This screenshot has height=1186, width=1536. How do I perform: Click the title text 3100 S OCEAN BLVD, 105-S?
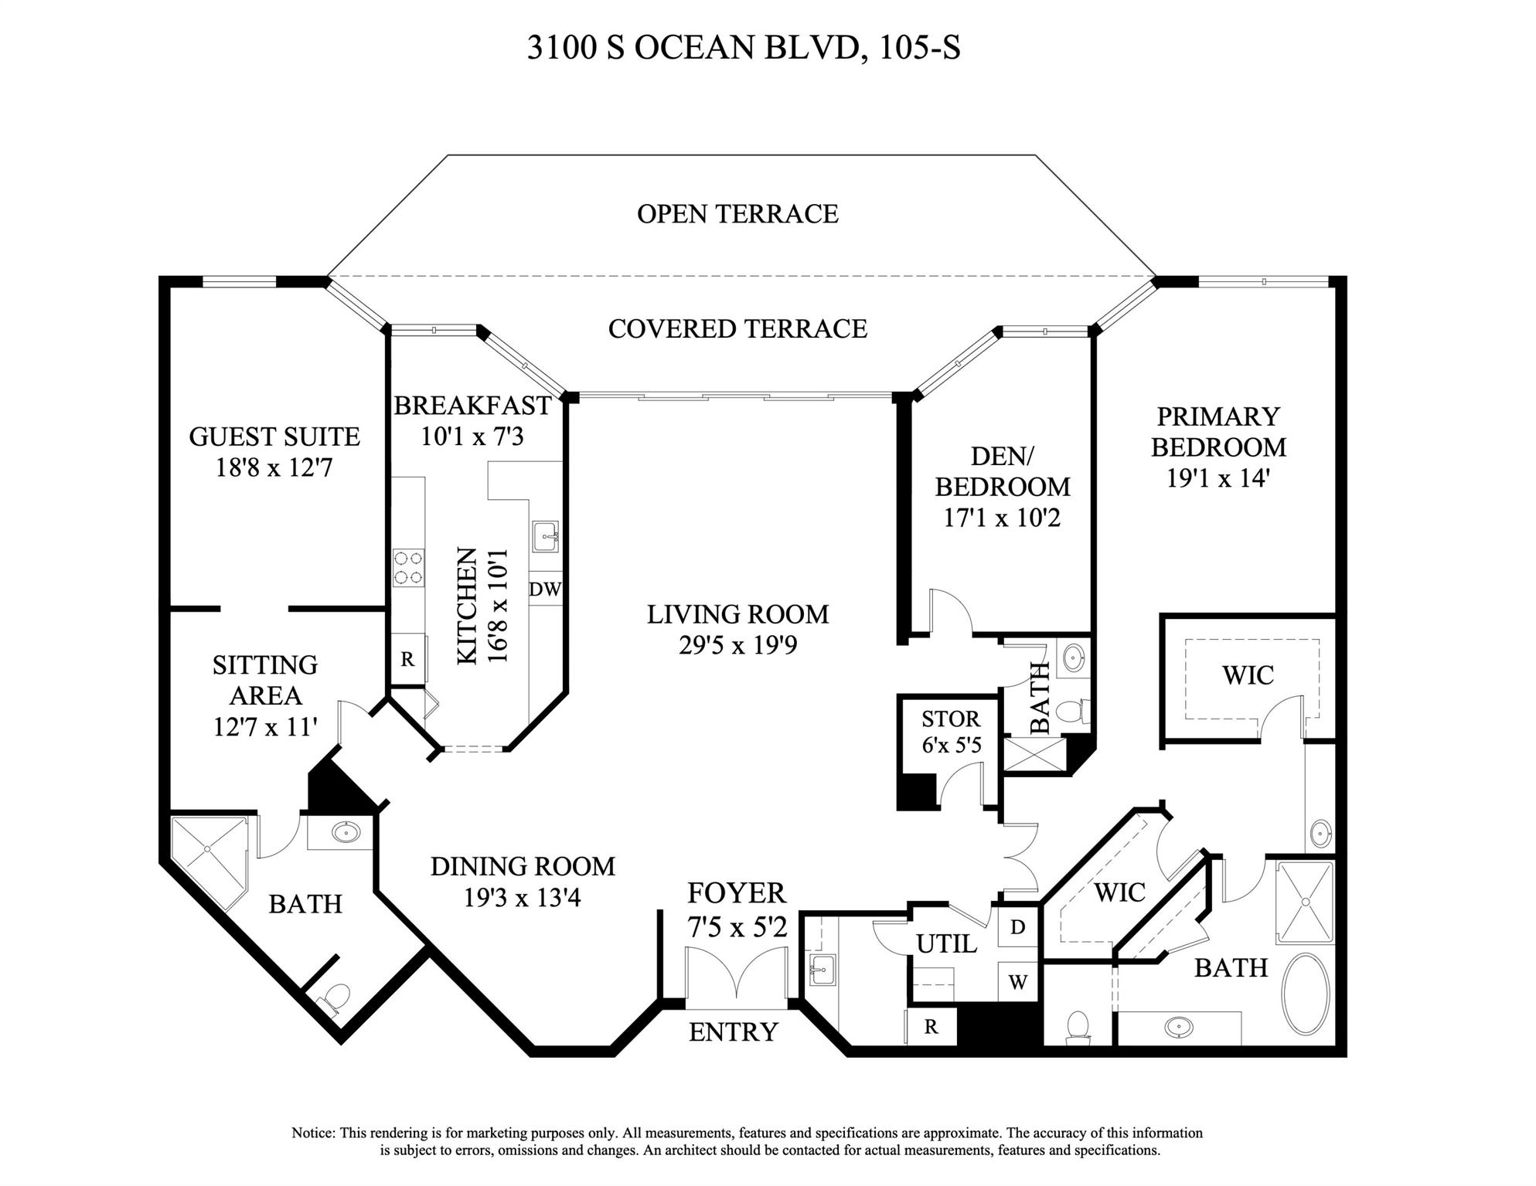[744, 48]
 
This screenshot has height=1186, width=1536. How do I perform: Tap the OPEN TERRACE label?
[737, 214]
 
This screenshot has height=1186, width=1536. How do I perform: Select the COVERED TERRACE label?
[737, 329]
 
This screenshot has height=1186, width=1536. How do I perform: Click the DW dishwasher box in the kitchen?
[545, 590]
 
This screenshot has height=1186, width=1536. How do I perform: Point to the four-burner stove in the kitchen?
[408, 567]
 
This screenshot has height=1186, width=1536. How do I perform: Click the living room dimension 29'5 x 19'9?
[737, 645]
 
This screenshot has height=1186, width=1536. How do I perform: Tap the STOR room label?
[950, 719]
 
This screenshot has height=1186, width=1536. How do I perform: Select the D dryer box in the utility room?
[1017, 926]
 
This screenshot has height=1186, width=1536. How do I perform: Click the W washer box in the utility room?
[1017, 983]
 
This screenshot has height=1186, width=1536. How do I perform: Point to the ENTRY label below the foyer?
[733, 1032]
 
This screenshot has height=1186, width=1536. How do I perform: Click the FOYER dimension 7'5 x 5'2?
[737, 925]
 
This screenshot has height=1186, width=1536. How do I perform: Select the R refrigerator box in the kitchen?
[407, 659]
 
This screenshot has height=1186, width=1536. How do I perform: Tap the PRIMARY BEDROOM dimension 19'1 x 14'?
[1218, 478]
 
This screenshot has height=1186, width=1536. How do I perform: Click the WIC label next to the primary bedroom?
[1248, 675]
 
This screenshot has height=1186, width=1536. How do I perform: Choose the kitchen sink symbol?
[546, 535]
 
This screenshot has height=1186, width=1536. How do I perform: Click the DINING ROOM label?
[523, 867]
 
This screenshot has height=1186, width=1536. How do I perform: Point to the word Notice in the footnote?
[312, 1133]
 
